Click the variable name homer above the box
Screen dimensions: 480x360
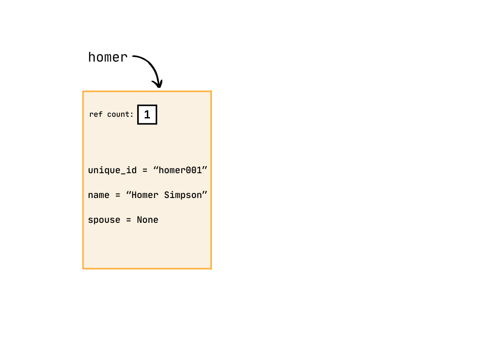click(108, 58)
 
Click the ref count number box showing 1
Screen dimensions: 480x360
click(147, 115)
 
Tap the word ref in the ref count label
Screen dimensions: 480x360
click(96, 114)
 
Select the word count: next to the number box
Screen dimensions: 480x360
click(120, 114)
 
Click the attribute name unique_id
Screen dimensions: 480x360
click(112, 170)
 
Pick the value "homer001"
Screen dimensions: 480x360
click(180, 170)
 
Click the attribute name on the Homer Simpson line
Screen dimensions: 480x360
click(99, 195)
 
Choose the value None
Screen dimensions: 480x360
click(148, 220)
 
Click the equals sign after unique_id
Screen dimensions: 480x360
click(145, 170)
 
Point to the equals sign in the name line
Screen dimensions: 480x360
click(118, 195)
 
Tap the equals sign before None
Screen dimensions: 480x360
click(128, 220)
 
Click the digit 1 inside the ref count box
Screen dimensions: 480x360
click(147, 115)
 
